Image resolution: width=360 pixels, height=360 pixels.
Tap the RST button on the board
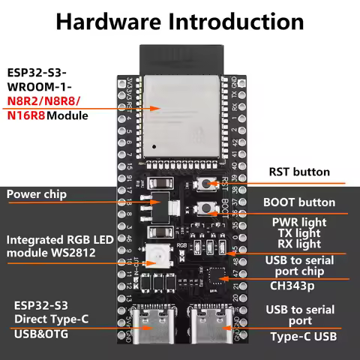pyautogui.click(x=203, y=184)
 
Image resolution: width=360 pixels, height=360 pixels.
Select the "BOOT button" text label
pyautogui.click(x=299, y=202)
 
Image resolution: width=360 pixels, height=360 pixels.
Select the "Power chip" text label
pyautogui.click(x=37, y=194)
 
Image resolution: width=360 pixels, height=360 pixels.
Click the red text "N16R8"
pyautogui.click(x=26, y=116)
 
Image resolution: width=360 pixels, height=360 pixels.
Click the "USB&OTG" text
pyautogui.click(x=40, y=333)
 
